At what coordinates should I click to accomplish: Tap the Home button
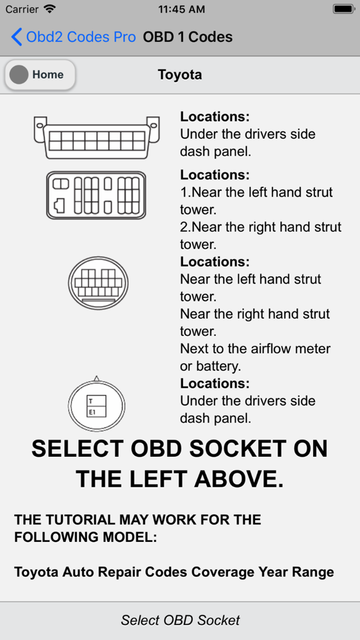(40, 75)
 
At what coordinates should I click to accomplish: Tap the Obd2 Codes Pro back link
(74, 37)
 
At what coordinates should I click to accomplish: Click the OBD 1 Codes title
(187, 37)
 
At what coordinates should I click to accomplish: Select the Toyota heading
(180, 75)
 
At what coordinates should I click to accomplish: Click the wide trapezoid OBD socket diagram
(96, 137)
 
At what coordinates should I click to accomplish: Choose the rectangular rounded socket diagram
(96, 195)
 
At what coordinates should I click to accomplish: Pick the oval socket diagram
(98, 283)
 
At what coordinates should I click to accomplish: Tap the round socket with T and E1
(96, 405)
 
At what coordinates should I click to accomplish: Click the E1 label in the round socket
(92, 412)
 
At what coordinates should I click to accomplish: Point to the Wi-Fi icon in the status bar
(49, 9)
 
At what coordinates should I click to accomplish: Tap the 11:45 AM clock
(181, 9)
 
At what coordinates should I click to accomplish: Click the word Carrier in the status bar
(21, 9)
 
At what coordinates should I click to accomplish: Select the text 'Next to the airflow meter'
(255, 349)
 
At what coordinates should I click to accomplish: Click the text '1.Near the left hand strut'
(256, 192)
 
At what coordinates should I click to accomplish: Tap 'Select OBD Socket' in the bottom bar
(180, 620)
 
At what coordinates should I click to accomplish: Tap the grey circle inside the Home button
(19, 75)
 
